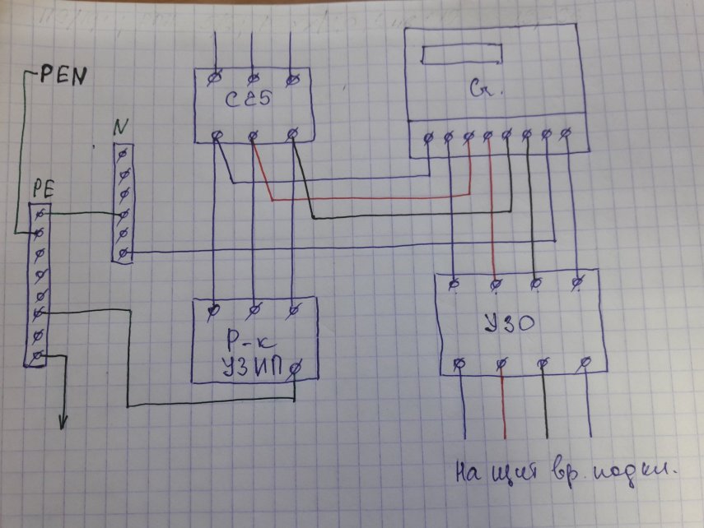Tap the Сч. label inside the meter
click(478, 86)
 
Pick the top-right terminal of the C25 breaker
click(291, 79)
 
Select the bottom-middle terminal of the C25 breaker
click(254, 134)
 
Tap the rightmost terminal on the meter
click(567, 133)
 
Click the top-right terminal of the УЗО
click(577, 283)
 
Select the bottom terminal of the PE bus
click(35, 356)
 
